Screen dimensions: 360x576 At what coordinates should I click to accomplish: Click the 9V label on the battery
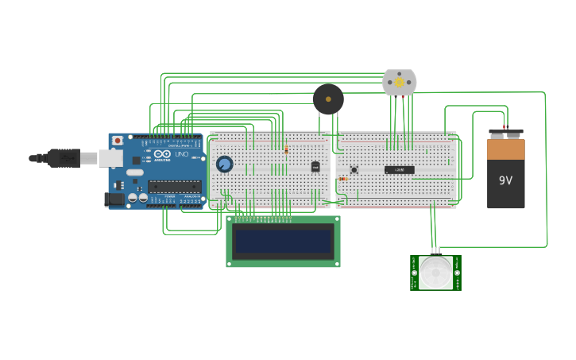[x=505, y=180]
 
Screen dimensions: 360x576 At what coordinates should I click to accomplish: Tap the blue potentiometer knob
[x=224, y=165]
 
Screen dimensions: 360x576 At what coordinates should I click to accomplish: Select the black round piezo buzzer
[x=328, y=99]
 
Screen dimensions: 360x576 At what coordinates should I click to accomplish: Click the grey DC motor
[x=399, y=83]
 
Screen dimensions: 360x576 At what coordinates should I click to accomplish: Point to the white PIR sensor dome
[x=435, y=273]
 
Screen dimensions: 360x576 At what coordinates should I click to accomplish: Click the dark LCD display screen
[x=283, y=241]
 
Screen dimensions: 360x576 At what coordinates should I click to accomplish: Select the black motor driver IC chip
[x=399, y=169]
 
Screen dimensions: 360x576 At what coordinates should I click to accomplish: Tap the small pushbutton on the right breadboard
[x=354, y=169]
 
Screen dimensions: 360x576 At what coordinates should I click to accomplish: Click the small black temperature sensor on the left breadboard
[x=315, y=167]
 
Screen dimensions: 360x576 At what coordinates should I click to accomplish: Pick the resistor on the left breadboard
[x=286, y=149]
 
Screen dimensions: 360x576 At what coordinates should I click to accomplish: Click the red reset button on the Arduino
[x=118, y=141]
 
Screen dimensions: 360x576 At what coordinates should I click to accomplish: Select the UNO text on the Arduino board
[x=181, y=153]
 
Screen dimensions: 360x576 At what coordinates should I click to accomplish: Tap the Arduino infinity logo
[x=162, y=153]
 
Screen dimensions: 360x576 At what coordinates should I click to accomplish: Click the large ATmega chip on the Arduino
[x=174, y=187]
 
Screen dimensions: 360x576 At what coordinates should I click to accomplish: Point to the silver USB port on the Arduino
[x=110, y=158]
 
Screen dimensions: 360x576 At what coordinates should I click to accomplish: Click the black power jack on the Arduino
[x=114, y=199]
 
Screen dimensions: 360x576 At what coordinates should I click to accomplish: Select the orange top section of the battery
[x=505, y=149]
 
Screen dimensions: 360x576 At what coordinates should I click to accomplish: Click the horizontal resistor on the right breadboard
[x=342, y=179]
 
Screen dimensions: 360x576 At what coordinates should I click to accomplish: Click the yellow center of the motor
[x=399, y=83]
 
